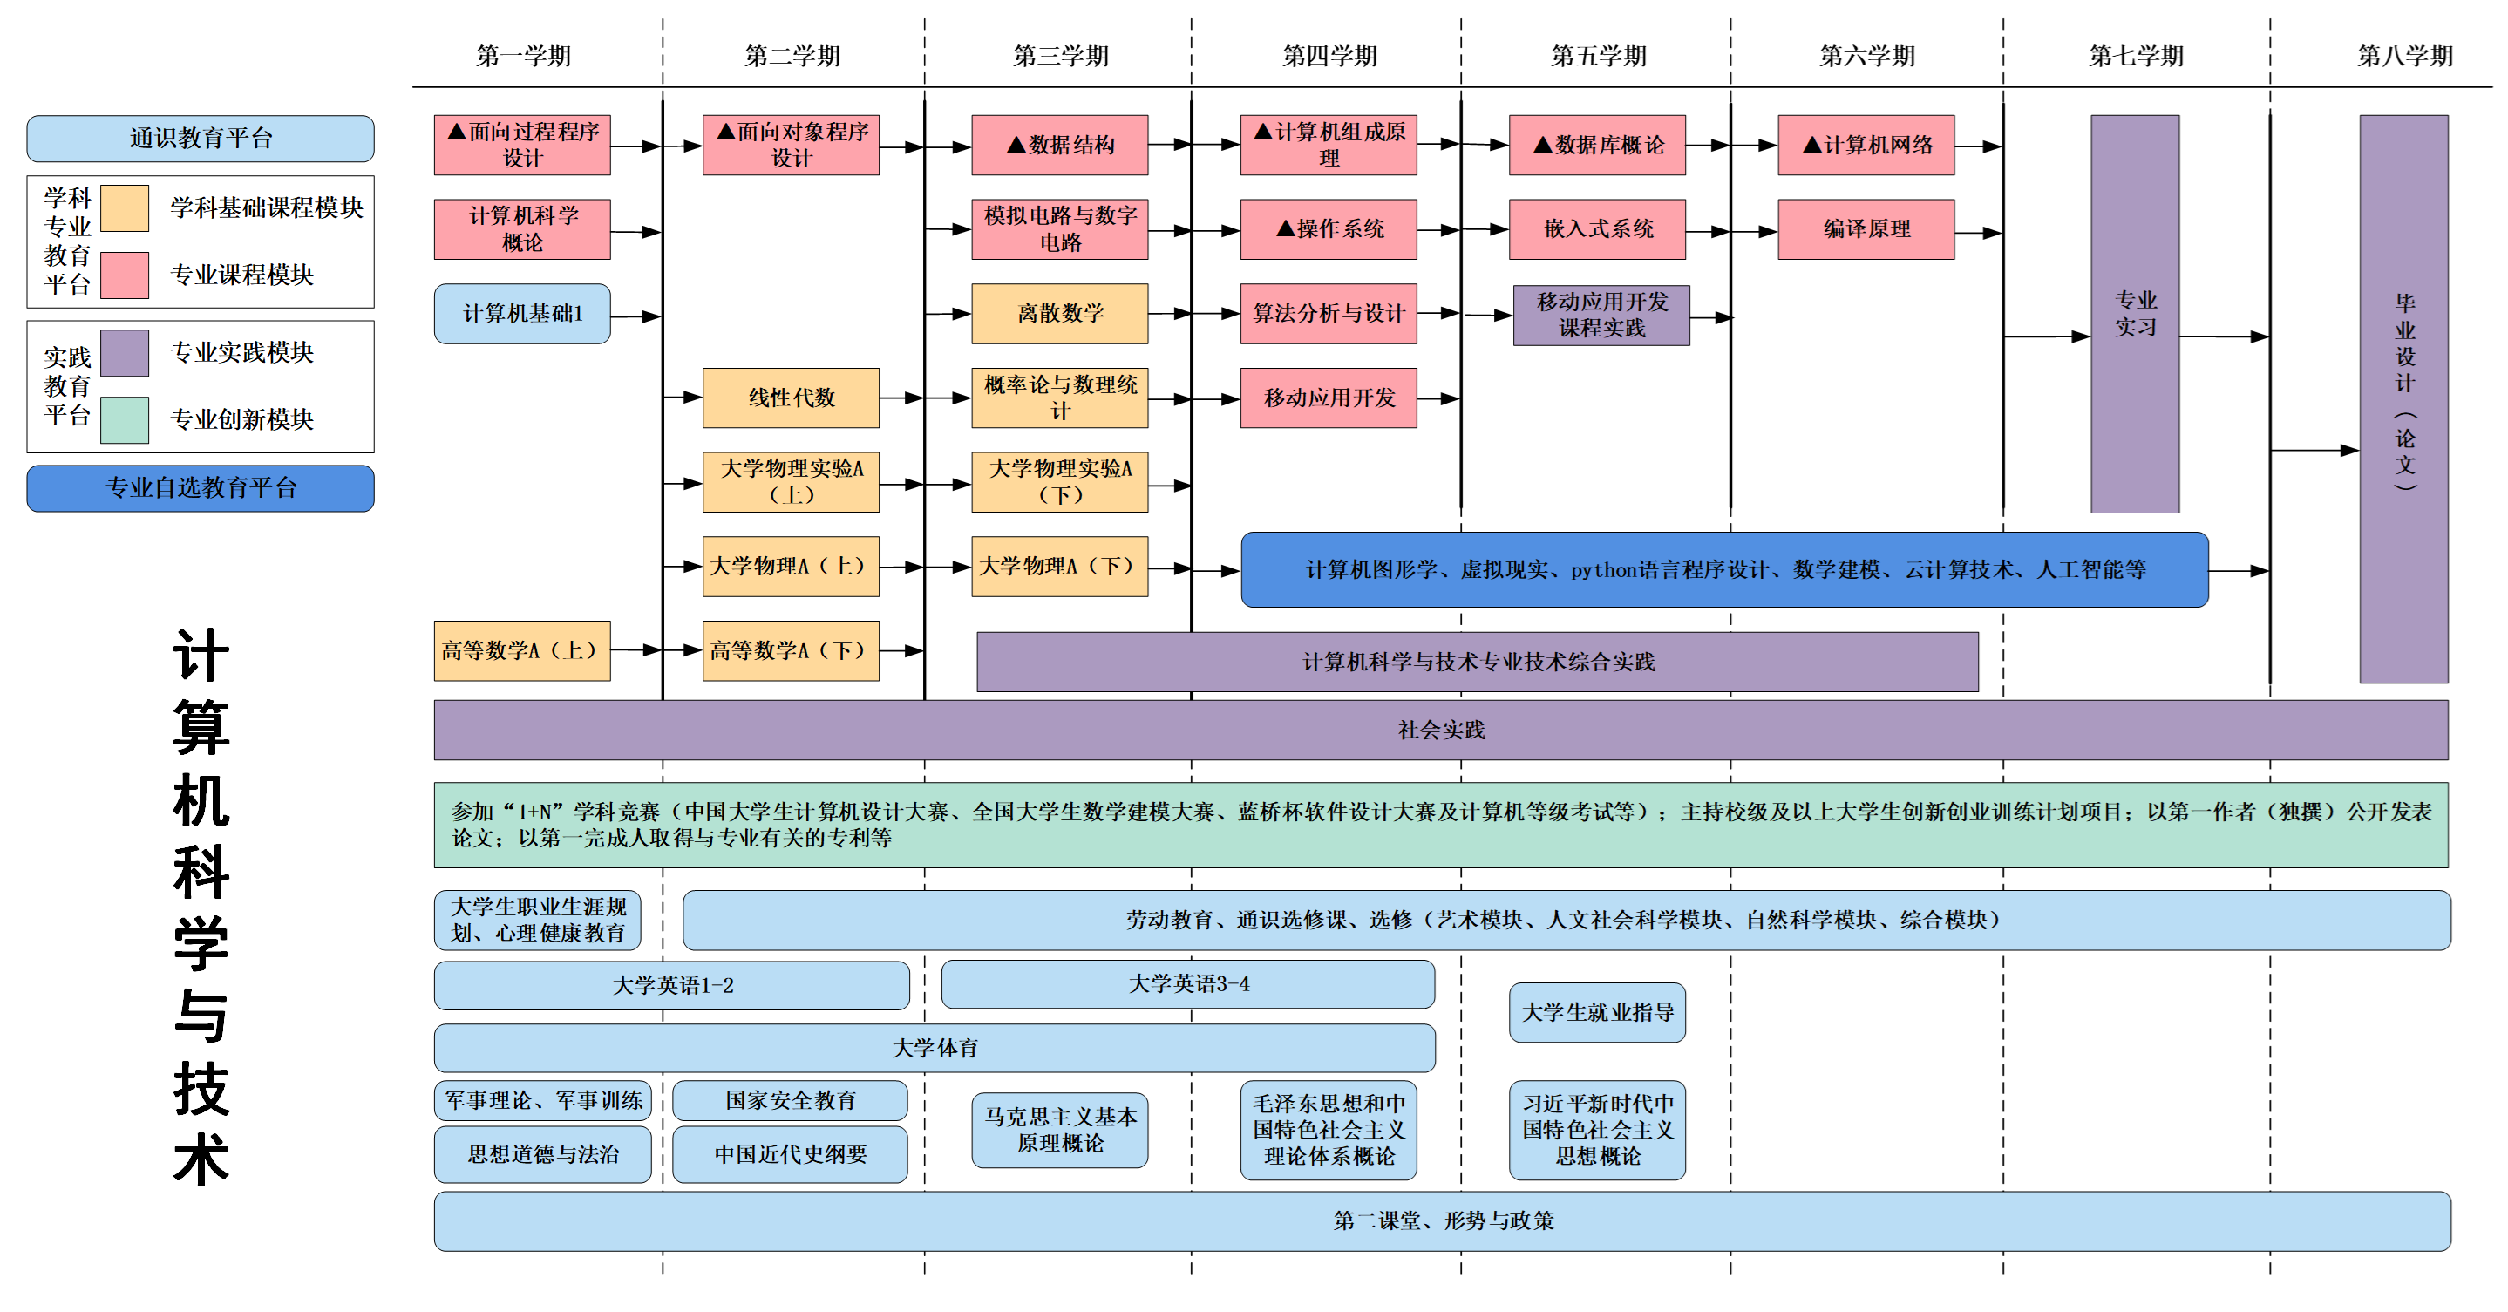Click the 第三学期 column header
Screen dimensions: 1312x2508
pyautogui.click(x=1060, y=56)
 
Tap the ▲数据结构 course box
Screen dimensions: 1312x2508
pyautogui.click(x=1059, y=145)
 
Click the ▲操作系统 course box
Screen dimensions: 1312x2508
pyautogui.click(x=1328, y=228)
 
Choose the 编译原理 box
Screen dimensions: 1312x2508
pyautogui.click(x=1866, y=228)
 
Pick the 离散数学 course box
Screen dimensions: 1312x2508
pyautogui.click(x=1059, y=314)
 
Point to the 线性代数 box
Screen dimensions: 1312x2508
pyautogui.click(x=791, y=398)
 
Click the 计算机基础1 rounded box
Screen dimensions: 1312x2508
pyautogui.click(x=522, y=314)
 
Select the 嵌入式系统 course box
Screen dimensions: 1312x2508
pyautogui.click(x=1597, y=228)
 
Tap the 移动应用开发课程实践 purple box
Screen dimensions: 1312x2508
pyautogui.click(x=1601, y=316)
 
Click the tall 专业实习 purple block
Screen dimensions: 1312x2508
pyautogui.click(x=2134, y=314)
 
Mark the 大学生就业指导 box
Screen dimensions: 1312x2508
pyautogui.click(x=1597, y=1012)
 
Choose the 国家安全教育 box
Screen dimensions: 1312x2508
pyautogui.click(x=790, y=1100)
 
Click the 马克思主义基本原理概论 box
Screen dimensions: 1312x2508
pyautogui.click(x=1059, y=1129)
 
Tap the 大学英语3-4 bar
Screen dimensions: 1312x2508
pyautogui.click(x=1188, y=984)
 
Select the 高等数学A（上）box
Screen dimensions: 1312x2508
pyautogui.click(x=522, y=650)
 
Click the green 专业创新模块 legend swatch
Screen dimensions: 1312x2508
pyautogui.click(x=125, y=419)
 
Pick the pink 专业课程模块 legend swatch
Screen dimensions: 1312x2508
pyautogui.click(x=125, y=275)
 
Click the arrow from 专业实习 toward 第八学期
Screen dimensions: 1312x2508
pyautogui.click(x=2224, y=336)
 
